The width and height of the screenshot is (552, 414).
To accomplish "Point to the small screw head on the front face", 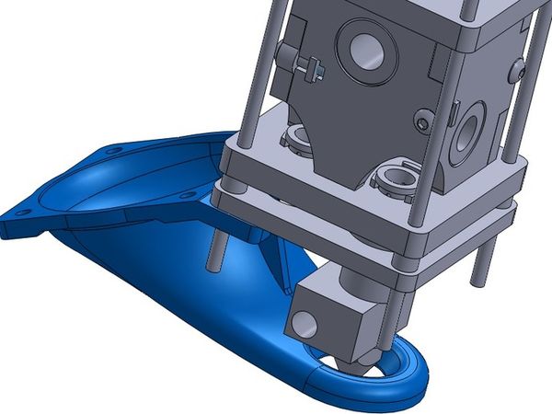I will [422, 121].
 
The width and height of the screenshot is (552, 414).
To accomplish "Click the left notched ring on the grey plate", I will [299, 140].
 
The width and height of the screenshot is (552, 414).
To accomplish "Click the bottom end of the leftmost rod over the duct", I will [212, 268].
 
